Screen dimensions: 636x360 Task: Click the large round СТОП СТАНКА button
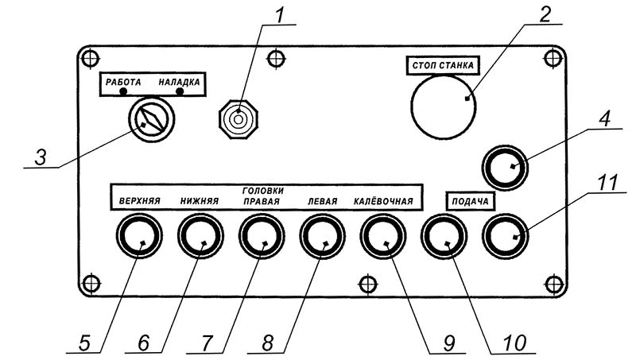[x=444, y=106]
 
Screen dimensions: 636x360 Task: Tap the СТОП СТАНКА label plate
[x=443, y=65]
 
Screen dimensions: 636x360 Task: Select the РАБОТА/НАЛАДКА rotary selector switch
[x=152, y=119]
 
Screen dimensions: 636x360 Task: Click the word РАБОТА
[x=123, y=82]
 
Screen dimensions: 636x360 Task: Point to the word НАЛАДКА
[x=179, y=82]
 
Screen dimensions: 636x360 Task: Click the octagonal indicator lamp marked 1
[x=238, y=119]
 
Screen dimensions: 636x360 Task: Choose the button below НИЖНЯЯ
[x=200, y=235]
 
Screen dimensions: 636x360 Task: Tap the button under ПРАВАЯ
[x=262, y=235]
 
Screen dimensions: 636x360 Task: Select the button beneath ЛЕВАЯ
[x=323, y=235]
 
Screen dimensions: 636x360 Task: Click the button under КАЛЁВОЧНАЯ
[x=383, y=235]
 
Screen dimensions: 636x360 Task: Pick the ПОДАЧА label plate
[x=470, y=201]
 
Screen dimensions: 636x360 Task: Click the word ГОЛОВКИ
[x=263, y=190]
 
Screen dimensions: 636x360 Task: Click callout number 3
[x=41, y=157]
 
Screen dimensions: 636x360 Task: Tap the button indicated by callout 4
[x=505, y=168]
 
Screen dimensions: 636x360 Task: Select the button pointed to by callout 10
[x=444, y=235]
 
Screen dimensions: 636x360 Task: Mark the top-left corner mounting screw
[x=90, y=58]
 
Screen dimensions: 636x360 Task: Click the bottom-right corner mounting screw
[x=553, y=284]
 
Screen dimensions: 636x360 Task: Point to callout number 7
[x=207, y=344]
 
